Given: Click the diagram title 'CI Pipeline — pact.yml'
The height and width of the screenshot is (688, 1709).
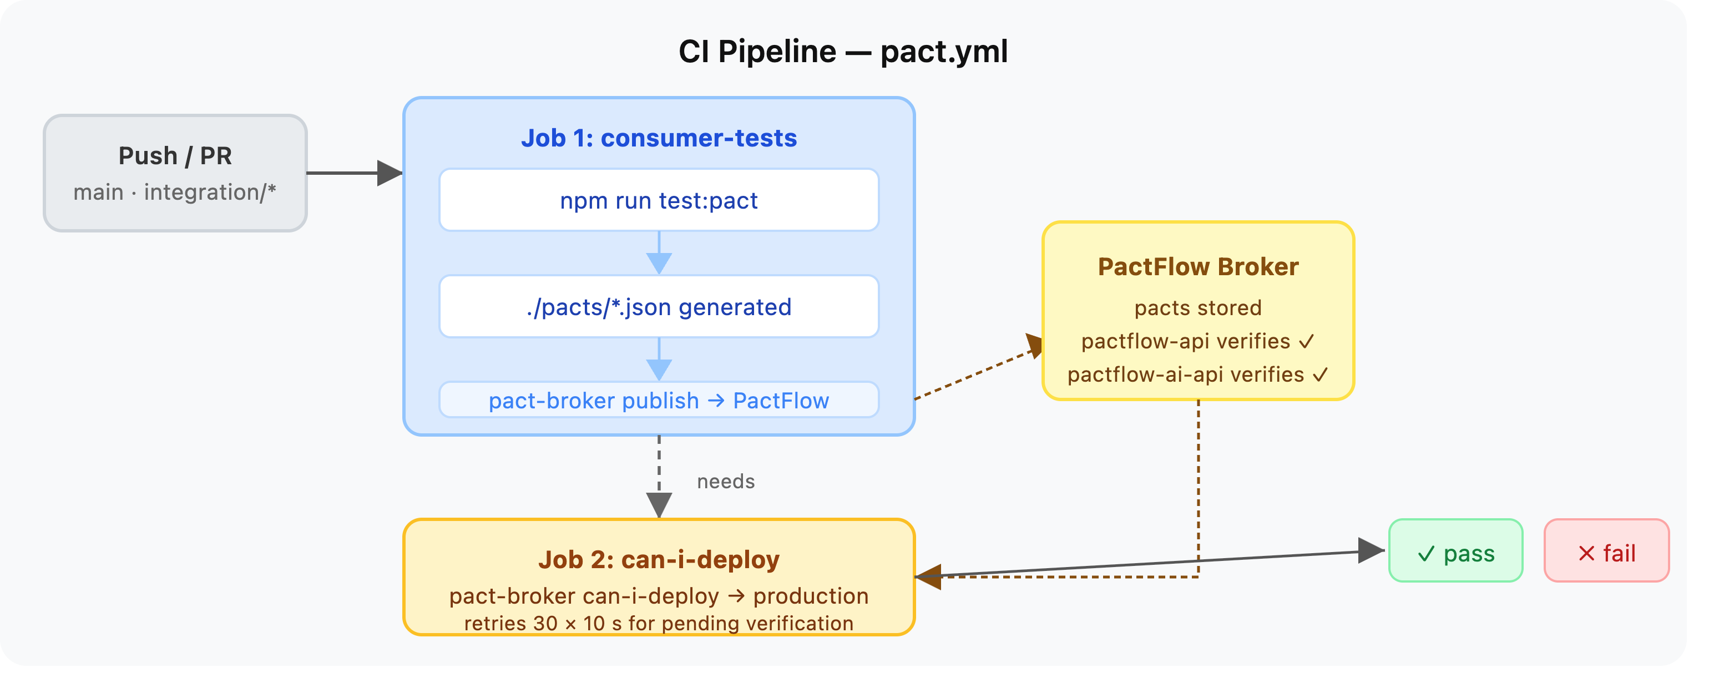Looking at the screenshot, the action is click(x=842, y=52).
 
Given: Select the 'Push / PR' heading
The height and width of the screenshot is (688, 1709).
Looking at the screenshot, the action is click(x=175, y=156).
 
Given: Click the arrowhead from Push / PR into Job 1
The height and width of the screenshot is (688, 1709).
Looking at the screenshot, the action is click(x=390, y=173).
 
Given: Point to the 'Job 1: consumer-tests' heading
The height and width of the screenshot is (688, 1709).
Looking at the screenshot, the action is click(x=659, y=138).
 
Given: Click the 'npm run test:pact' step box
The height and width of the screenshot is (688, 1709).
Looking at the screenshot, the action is click(x=659, y=200).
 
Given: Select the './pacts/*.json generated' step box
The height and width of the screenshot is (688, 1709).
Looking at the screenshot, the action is click(x=659, y=306).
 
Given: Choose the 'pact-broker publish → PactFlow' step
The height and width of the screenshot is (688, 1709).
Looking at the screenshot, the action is click(x=659, y=400).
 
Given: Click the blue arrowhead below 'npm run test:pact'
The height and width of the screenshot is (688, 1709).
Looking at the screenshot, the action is click(x=659, y=264).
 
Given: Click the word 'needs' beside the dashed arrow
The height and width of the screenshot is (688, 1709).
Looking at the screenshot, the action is click(x=726, y=481).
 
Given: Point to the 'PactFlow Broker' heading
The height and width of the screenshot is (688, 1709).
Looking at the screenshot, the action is click(x=1198, y=267).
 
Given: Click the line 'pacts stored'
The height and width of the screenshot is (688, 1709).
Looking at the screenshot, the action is click(x=1198, y=308).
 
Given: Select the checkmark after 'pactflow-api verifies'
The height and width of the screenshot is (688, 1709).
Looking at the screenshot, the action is click(x=1306, y=342).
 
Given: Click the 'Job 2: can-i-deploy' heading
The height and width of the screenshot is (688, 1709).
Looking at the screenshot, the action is click(x=659, y=560).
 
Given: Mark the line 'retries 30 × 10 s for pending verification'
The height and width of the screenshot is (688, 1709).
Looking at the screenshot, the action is click(x=659, y=624).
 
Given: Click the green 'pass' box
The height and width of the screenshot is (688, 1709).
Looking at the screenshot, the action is click(x=1455, y=550).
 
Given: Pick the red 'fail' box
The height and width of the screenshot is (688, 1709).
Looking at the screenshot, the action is click(x=1606, y=550).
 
